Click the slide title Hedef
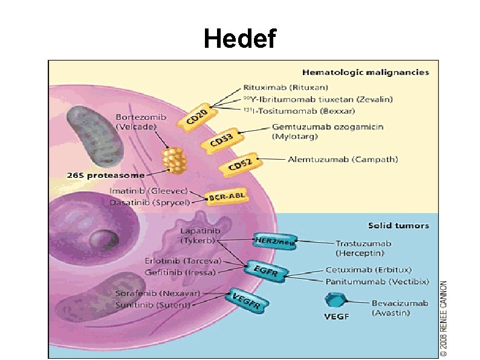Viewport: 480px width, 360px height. pos(240,39)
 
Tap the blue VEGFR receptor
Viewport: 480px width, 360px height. pos(247,300)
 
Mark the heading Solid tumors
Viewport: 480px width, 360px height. pos(398,226)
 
